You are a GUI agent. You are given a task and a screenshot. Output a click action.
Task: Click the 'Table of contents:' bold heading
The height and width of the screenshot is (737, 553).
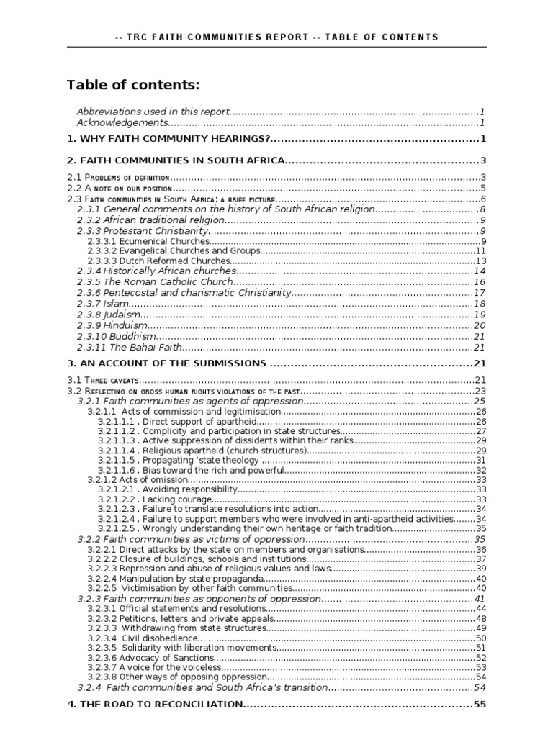click(133, 86)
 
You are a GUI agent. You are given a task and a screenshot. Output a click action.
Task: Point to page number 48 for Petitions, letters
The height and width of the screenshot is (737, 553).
click(481, 618)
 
